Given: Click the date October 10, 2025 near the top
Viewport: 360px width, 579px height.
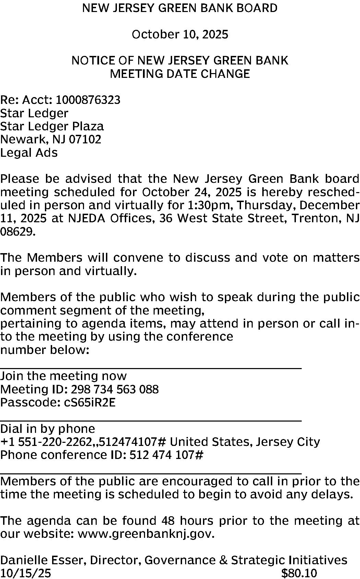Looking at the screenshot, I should pyautogui.click(x=180, y=35).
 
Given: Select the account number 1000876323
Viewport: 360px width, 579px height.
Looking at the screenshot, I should pyautogui.click(x=88, y=100).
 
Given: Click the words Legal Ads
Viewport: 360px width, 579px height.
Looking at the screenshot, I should pyautogui.click(x=29, y=153).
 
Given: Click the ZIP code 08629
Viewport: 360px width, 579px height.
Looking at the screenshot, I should pyautogui.click(x=17, y=232).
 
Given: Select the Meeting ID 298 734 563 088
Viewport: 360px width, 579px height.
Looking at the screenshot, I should pyautogui.click(x=115, y=389).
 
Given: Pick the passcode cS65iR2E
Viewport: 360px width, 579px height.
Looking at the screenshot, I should pyautogui.click(x=90, y=402).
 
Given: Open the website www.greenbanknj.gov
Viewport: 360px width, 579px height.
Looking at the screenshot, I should pyautogui.click(x=146, y=534).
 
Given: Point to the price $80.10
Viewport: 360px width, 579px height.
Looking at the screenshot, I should pyautogui.click(x=299, y=573).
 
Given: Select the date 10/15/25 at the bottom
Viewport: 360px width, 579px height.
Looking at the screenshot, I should pyautogui.click(x=25, y=573).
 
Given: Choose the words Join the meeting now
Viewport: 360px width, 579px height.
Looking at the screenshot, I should pyautogui.click(x=63, y=376).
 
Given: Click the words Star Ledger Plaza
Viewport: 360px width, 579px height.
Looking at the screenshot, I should pyautogui.click(x=52, y=126).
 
